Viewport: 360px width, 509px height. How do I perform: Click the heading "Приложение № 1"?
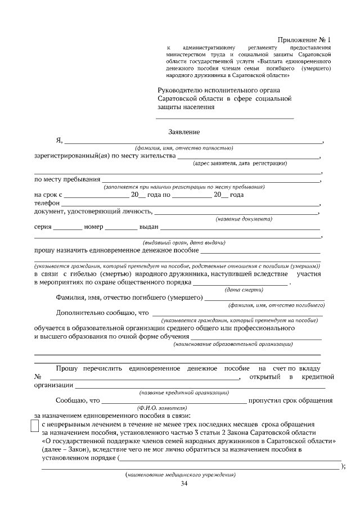pyautogui.click(x=305, y=40)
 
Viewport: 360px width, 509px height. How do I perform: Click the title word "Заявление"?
pyautogui.click(x=184, y=132)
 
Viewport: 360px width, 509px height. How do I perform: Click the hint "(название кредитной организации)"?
pyautogui.click(x=184, y=392)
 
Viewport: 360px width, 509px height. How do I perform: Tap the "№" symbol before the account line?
pyautogui.click(x=38, y=376)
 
